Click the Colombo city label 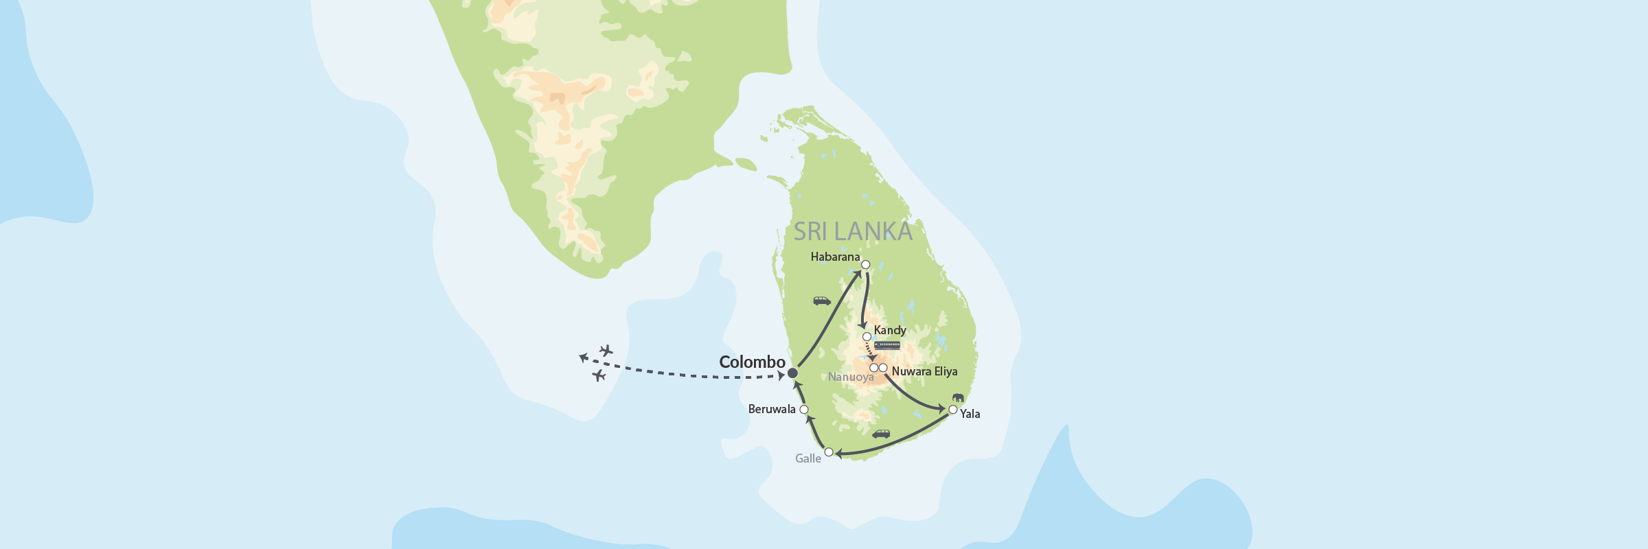click(x=752, y=362)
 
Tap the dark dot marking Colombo click(x=792, y=373)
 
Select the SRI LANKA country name click(x=853, y=232)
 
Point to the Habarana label click(x=835, y=257)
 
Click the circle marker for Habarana click(x=866, y=265)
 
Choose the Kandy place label click(x=890, y=331)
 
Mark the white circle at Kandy click(x=867, y=337)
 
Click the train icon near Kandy click(x=887, y=345)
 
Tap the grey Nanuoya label click(x=851, y=377)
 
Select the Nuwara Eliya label click(x=924, y=372)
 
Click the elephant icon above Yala click(x=958, y=397)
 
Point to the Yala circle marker click(x=953, y=410)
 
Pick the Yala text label click(x=970, y=414)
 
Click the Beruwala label click(x=772, y=410)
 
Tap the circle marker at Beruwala click(x=804, y=410)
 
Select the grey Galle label click(x=808, y=459)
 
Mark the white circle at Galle click(x=829, y=452)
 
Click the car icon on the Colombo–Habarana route click(x=822, y=301)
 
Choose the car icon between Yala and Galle click(x=881, y=434)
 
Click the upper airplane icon click(x=606, y=351)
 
